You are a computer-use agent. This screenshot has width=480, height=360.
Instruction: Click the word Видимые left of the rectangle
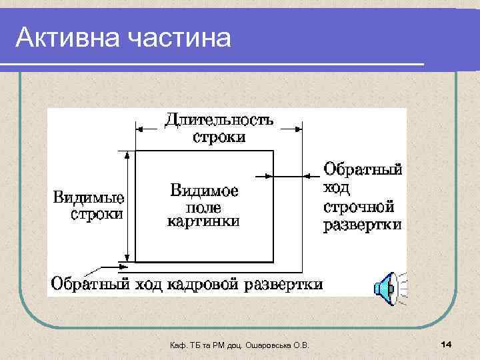89,198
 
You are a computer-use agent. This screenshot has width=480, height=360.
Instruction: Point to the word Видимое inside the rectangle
204,190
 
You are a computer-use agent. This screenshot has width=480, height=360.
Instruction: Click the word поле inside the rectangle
204,206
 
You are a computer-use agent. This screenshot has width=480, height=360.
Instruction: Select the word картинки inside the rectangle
204,221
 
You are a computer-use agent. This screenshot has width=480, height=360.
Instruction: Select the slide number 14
447,343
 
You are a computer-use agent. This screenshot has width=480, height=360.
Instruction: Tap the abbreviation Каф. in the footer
178,344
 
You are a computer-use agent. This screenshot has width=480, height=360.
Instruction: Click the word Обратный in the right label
363,169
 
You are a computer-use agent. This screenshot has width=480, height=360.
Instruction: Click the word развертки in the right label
363,225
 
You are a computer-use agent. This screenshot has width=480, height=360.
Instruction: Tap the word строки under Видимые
98,215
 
